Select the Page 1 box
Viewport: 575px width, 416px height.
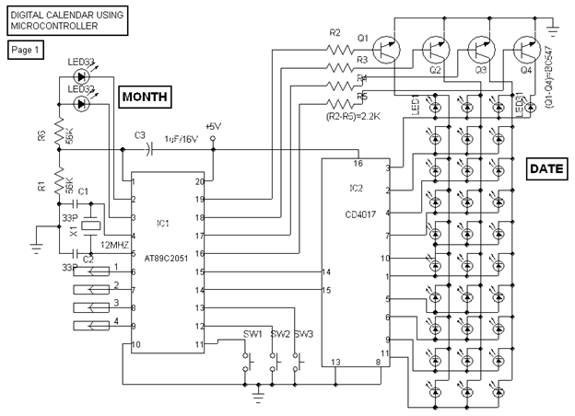coord(25,50)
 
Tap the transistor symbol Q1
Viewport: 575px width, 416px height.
coord(387,51)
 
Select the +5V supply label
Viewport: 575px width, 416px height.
coord(213,126)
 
